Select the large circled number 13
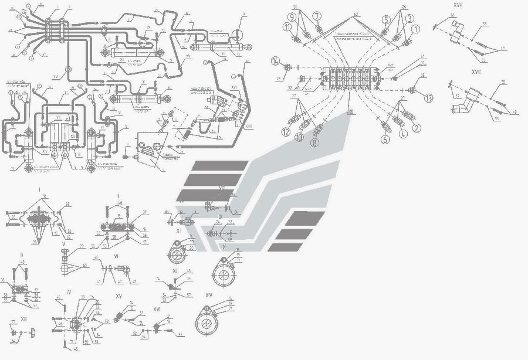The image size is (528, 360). [429, 98]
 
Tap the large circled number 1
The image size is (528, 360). [415, 28]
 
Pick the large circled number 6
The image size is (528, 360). [386, 140]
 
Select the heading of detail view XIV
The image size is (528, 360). [209, 296]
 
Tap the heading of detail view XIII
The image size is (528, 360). [23, 319]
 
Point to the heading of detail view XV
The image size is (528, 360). [119, 296]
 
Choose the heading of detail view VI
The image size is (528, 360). [116, 256]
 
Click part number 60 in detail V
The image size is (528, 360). [86, 265]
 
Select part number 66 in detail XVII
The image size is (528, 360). [452, 15]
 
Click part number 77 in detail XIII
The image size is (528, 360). [13, 322]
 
